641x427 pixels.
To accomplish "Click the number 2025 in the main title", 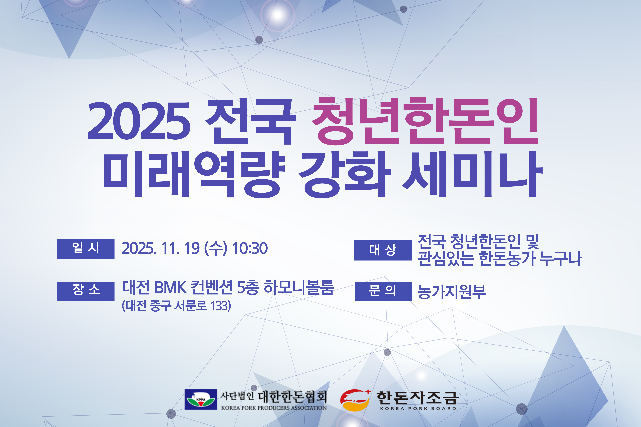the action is pyautogui.click(x=139, y=121).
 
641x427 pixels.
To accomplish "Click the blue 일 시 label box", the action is pyautogui.click(x=86, y=249).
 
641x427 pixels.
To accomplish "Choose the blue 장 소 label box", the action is pyautogui.click(x=86, y=291).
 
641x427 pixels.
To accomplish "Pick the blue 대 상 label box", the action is pyautogui.click(x=383, y=250).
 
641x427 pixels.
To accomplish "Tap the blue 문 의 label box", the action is pyautogui.click(x=383, y=291).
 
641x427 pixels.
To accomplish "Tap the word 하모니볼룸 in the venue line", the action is pyautogui.click(x=299, y=287).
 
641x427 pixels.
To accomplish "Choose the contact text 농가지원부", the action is pyautogui.click(x=452, y=292).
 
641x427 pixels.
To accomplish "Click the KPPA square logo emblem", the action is pyautogui.click(x=201, y=400).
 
